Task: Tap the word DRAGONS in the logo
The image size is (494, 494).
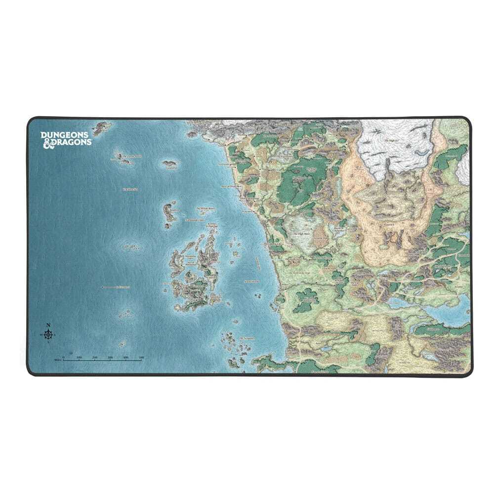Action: pyautogui.click(x=72, y=142)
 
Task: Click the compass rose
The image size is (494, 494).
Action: pyautogui.click(x=48, y=335)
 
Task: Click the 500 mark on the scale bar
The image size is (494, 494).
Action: pyautogui.click(x=141, y=357)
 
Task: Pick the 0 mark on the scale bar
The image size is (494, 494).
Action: pyautogui.click(x=64, y=357)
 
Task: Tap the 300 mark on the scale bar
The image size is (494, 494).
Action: pyautogui.click(x=110, y=357)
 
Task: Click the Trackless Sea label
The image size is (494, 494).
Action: pyautogui.click(x=129, y=189)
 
